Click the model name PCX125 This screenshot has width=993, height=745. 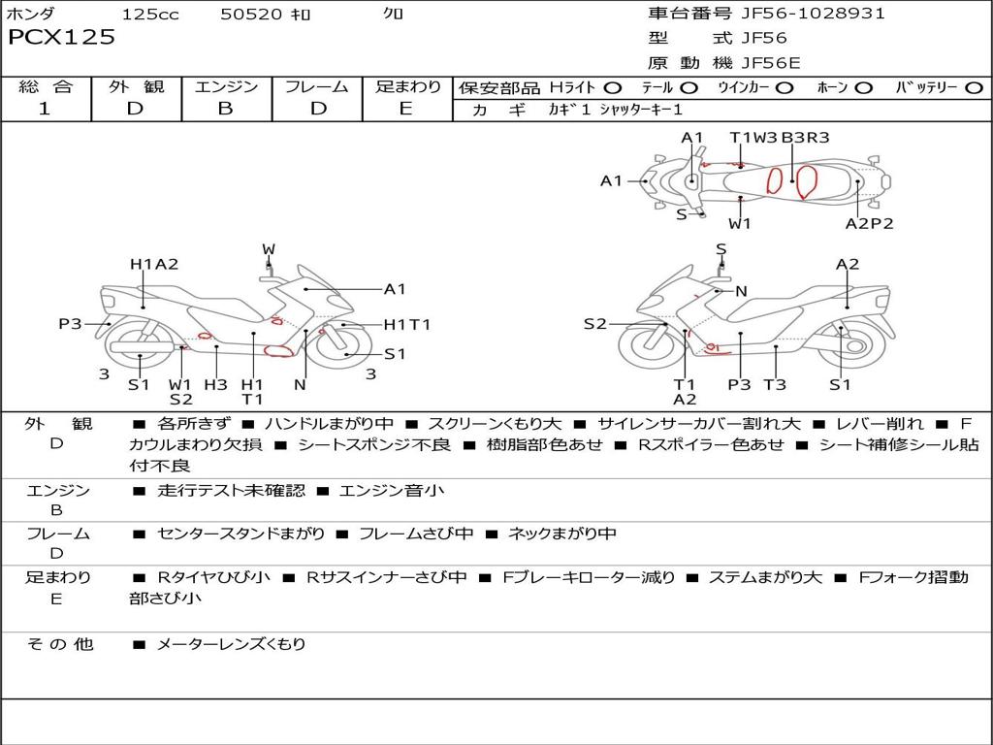[x=61, y=38]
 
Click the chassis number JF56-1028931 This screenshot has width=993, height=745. [x=799, y=14]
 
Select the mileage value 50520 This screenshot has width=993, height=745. [x=251, y=15]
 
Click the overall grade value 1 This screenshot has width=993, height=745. [x=45, y=109]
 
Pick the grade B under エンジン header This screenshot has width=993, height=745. [x=225, y=109]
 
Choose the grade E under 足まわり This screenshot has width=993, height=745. [x=405, y=109]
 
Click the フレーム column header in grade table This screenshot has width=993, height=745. [x=316, y=87]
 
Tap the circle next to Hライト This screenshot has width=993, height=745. [x=613, y=88]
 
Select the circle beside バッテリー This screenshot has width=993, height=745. [x=974, y=88]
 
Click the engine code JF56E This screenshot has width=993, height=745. [x=771, y=63]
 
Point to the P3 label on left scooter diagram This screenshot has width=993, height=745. [x=70, y=324]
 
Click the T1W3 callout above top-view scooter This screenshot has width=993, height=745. [x=753, y=138]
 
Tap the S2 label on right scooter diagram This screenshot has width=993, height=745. [x=594, y=324]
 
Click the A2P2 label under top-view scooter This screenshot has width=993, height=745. [x=869, y=223]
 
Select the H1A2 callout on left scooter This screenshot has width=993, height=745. [x=154, y=264]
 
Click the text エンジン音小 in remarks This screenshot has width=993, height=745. [x=391, y=491]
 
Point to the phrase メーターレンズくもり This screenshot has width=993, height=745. [x=231, y=644]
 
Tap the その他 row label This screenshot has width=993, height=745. [x=60, y=644]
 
